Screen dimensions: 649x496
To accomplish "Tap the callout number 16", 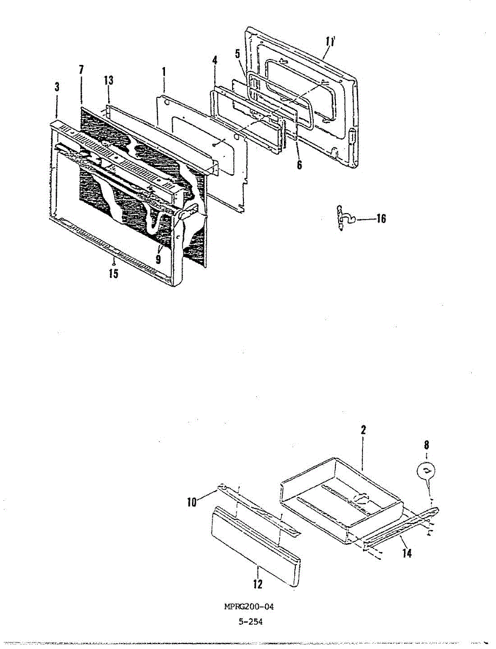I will pyautogui.click(x=381, y=219).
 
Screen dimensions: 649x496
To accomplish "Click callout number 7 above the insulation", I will pyautogui.click(x=81, y=70).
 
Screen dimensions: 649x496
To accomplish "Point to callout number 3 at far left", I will pyautogui.click(x=57, y=87).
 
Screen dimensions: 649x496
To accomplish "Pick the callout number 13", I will pyautogui.click(x=109, y=81).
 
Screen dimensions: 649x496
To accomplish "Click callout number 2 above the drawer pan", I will pyautogui.click(x=363, y=430).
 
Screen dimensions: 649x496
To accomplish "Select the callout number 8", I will pyautogui.click(x=427, y=445).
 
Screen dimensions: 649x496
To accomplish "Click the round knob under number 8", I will pyautogui.click(x=426, y=470).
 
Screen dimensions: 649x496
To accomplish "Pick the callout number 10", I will pyautogui.click(x=192, y=502).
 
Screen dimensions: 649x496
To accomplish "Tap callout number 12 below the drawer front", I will pyautogui.click(x=258, y=584).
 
